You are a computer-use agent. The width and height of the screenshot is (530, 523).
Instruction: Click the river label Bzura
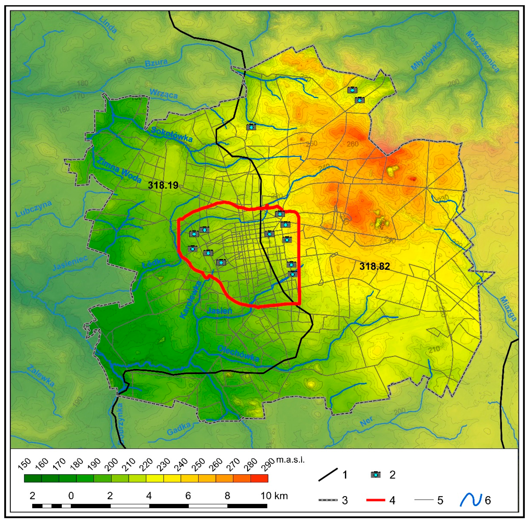[x=156, y=63]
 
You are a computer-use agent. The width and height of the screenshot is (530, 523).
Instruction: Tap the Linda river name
[x=108, y=25]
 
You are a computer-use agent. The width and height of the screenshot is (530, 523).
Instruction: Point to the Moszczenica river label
[x=482, y=51]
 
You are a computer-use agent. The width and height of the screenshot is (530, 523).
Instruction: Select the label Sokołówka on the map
[x=172, y=134]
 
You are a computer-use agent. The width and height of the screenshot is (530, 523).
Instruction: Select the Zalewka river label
[x=41, y=376]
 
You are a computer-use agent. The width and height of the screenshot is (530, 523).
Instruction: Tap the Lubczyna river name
[x=33, y=209]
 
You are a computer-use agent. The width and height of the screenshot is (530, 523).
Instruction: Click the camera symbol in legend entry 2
[x=376, y=474]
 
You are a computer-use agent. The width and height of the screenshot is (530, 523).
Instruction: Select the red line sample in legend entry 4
[x=376, y=500]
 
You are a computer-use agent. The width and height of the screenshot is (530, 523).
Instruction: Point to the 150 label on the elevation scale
[x=25, y=464]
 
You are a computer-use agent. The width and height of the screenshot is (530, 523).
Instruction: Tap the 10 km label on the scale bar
[x=274, y=496]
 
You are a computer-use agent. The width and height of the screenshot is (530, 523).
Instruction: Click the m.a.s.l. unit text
[x=290, y=460]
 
